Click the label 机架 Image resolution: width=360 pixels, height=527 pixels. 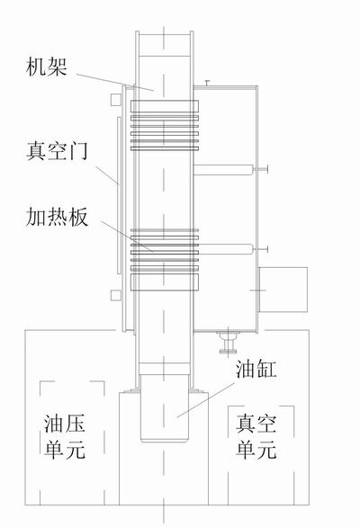[x=46, y=67]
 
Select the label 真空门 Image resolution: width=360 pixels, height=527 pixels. [x=57, y=151]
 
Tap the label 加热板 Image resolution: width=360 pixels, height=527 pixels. [x=57, y=217]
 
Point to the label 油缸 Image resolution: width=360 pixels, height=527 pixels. [x=256, y=369]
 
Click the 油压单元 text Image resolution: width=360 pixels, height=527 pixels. [x=65, y=436]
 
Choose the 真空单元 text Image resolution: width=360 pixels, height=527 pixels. [x=256, y=436]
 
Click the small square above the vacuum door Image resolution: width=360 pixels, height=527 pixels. [x=115, y=100]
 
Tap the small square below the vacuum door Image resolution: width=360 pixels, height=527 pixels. [x=115, y=296]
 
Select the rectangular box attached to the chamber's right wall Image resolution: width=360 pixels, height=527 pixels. [x=283, y=290]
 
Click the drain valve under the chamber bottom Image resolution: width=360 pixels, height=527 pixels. [x=228, y=342]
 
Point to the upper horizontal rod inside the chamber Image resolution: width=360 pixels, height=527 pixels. [x=223, y=170]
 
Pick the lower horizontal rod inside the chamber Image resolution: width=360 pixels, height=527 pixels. [x=223, y=249]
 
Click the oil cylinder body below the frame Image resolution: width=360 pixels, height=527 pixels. [x=164, y=408]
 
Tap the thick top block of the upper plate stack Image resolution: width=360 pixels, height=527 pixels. [x=164, y=106]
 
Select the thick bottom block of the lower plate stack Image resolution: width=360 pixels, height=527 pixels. [x=164, y=282]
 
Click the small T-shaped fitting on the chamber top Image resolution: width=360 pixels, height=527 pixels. [x=207, y=83]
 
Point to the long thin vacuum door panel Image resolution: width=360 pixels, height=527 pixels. [x=119, y=195]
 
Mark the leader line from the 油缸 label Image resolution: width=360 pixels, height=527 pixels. [x=206, y=400]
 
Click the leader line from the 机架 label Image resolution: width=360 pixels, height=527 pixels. [x=115, y=82]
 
